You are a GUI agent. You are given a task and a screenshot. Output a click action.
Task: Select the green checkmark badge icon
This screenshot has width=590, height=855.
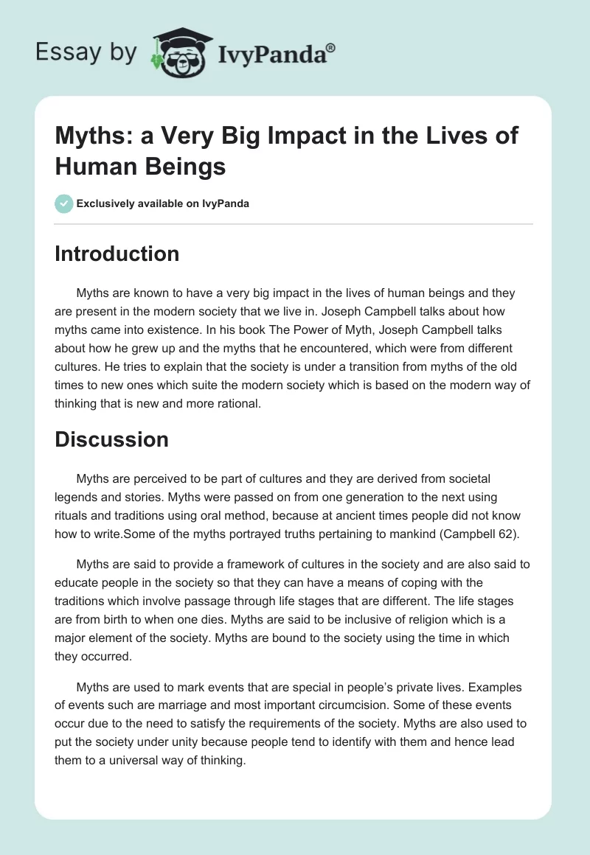[x=64, y=203]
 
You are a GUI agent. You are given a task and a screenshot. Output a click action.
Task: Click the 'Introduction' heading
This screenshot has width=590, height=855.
[x=117, y=254]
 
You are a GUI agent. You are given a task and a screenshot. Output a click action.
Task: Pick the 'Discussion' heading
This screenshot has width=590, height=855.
[x=111, y=439]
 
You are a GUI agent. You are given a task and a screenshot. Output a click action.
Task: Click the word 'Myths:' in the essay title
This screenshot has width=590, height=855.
[x=91, y=136]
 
